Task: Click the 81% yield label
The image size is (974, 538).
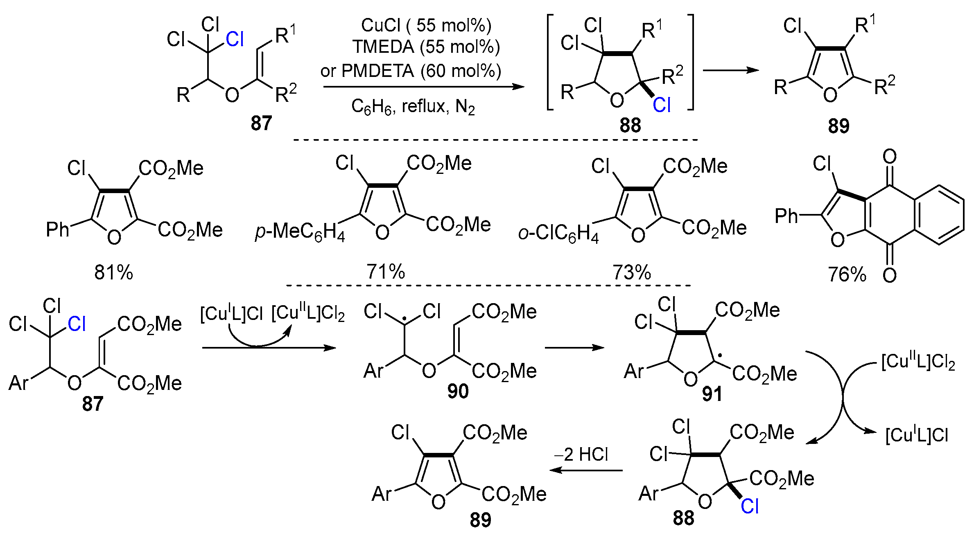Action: (x=113, y=272)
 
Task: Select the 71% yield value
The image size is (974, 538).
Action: (x=385, y=272)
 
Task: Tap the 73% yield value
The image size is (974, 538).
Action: (x=632, y=272)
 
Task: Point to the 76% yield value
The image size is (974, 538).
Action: (x=847, y=275)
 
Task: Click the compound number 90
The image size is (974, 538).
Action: (x=458, y=392)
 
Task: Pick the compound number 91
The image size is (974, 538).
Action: (x=712, y=394)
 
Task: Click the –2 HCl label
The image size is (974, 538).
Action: (x=581, y=455)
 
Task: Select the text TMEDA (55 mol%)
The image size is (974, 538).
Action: (x=426, y=47)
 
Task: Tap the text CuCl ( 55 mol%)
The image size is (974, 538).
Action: (x=426, y=25)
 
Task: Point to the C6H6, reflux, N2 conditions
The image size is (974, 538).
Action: (x=413, y=107)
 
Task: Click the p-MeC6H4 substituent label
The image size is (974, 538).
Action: (x=300, y=232)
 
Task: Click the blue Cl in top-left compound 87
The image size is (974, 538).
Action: (x=235, y=40)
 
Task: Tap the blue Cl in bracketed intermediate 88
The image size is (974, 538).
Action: (x=662, y=106)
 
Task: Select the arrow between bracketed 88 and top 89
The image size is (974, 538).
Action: (x=730, y=70)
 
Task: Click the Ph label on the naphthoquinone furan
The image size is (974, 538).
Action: (x=786, y=216)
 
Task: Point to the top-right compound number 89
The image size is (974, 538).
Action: (x=838, y=126)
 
